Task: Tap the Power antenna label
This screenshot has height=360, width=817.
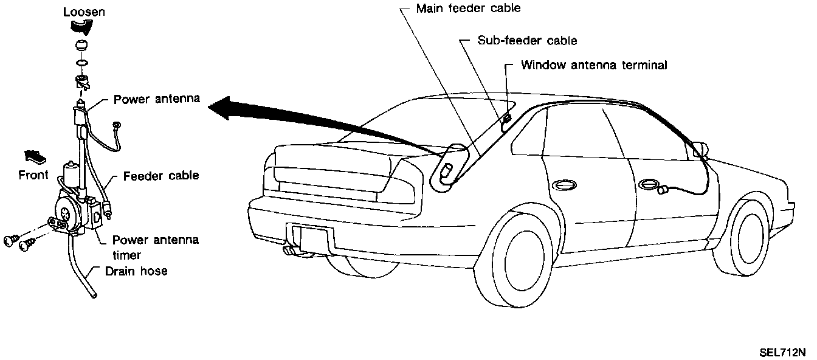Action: (x=157, y=99)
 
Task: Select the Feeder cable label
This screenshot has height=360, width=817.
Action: (x=161, y=176)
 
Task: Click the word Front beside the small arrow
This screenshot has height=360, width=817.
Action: (x=33, y=175)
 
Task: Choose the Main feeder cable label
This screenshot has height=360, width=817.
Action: (x=468, y=9)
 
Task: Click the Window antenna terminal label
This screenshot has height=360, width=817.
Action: (x=594, y=64)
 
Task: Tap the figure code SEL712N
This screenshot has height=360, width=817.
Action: (x=781, y=351)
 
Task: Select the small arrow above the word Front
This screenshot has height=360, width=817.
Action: (x=35, y=157)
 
